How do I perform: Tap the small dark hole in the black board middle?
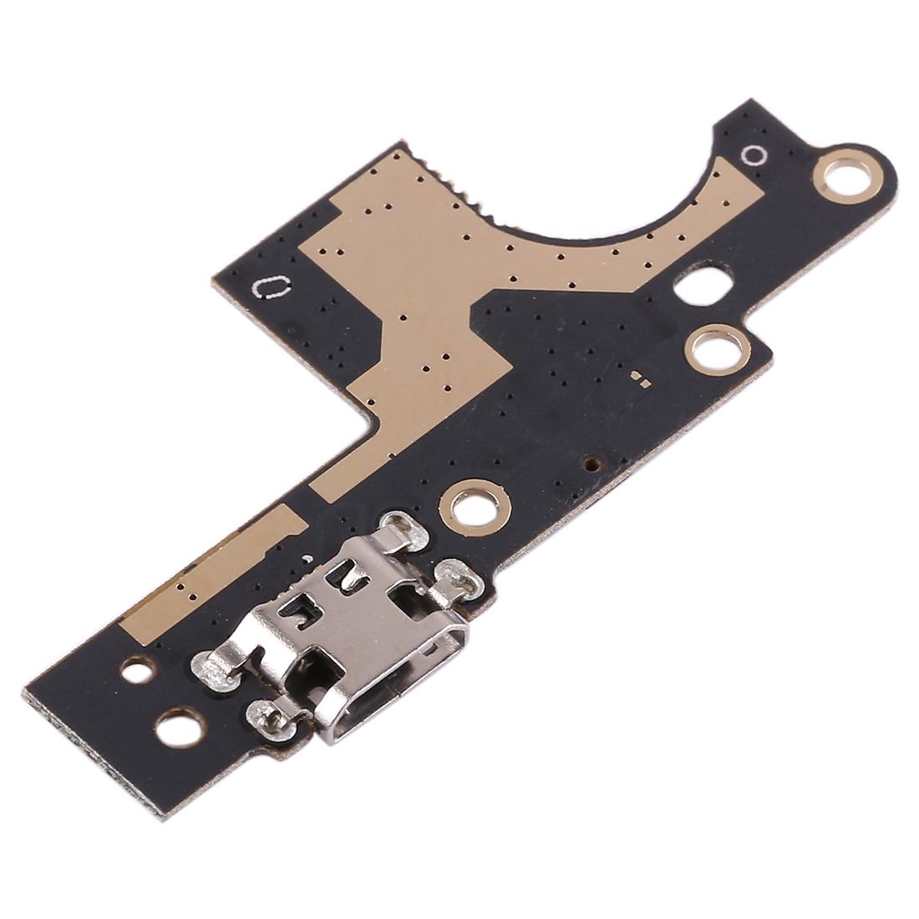(592, 461)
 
